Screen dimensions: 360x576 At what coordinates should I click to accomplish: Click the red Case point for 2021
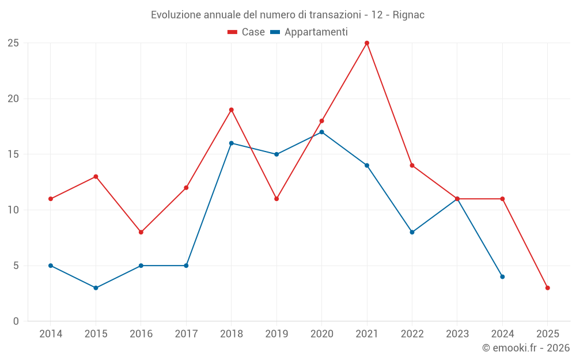367,43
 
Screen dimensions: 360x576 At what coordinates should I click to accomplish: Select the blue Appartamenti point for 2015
96,288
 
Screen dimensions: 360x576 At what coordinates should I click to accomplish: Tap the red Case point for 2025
548,288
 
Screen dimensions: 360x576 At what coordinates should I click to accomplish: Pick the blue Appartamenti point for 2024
502,276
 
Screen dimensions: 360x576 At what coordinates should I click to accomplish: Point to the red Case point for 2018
232,110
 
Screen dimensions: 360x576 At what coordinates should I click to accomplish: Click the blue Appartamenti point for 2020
322,132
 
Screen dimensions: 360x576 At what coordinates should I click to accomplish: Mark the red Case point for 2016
141,232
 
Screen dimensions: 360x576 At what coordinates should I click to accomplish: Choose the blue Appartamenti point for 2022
412,232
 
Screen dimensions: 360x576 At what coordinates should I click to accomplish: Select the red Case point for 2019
276,199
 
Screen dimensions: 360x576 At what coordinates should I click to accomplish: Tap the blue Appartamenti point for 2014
51,266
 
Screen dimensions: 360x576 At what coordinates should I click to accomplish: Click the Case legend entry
246,32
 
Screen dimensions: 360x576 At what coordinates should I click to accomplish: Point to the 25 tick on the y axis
13,43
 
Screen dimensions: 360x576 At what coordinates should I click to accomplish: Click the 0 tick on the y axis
16,321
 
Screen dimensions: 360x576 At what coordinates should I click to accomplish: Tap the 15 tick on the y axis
13,154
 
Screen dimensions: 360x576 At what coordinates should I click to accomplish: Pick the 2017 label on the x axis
186,334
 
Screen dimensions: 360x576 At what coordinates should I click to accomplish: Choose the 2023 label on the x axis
457,334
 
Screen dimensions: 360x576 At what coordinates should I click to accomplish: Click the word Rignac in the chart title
408,15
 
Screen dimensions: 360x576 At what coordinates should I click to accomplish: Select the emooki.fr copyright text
526,348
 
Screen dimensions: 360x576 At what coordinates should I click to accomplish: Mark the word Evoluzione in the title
176,15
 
